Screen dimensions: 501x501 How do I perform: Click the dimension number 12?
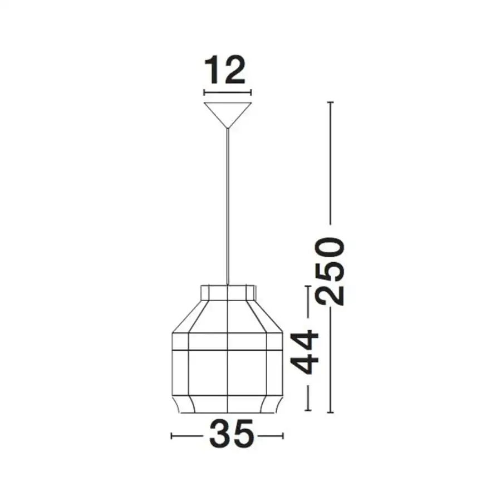[226, 70]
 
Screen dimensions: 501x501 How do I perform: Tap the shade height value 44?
[305, 352]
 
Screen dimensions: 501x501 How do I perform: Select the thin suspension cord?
[227, 206]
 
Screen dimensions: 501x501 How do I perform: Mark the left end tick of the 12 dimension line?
[204, 92]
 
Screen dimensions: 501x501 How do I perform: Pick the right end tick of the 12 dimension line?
[251, 92]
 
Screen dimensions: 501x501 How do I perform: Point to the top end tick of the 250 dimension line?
[330, 103]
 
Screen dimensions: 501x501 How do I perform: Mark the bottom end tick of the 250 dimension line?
[330, 412]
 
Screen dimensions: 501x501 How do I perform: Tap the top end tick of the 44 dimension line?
[308, 287]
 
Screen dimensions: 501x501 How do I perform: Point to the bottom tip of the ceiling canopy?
[227, 128]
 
